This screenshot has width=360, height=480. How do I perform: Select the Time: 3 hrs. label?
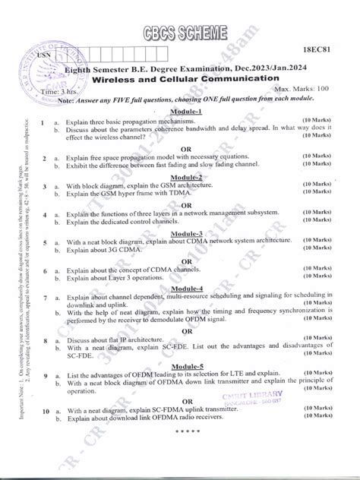[x=76, y=91]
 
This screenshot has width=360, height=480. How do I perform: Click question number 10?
[x=45, y=431]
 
